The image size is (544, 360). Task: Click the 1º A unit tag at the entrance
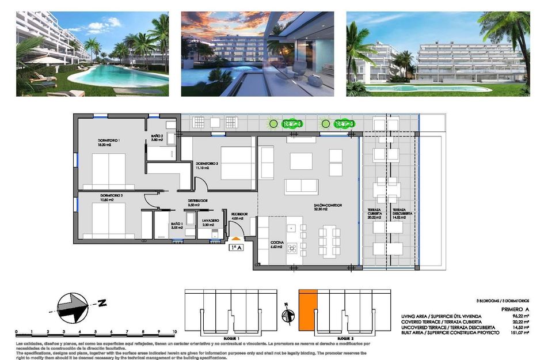(x=235, y=248)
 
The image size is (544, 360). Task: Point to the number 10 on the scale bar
(x=174, y=332)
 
